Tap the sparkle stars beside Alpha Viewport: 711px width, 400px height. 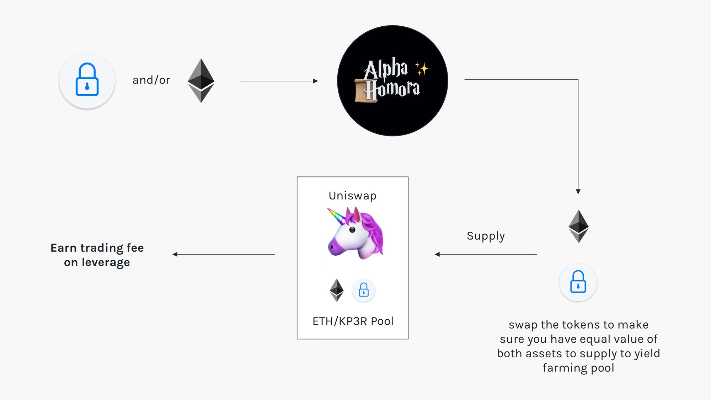(x=422, y=68)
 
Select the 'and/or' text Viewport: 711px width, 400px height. (x=151, y=80)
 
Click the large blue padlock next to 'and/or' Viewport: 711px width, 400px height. (x=87, y=80)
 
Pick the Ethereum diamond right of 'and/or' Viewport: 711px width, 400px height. (x=201, y=81)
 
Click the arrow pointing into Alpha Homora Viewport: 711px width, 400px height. (x=278, y=81)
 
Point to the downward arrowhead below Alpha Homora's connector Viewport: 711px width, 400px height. (x=578, y=191)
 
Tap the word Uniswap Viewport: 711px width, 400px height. (x=352, y=196)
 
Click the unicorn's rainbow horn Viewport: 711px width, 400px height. (x=336, y=216)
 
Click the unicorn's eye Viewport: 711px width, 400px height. (x=352, y=230)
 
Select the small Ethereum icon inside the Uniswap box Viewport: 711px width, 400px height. (x=336, y=290)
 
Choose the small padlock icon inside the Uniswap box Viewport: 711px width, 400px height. (x=364, y=290)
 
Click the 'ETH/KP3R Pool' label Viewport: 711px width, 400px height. (x=353, y=321)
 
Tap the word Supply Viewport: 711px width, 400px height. (x=486, y=236)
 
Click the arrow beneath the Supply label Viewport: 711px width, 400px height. (x=486, y=254)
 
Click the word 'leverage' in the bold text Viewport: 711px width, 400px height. (x=106, y=263)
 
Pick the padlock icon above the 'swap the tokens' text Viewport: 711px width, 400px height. (x=578, y=282)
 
